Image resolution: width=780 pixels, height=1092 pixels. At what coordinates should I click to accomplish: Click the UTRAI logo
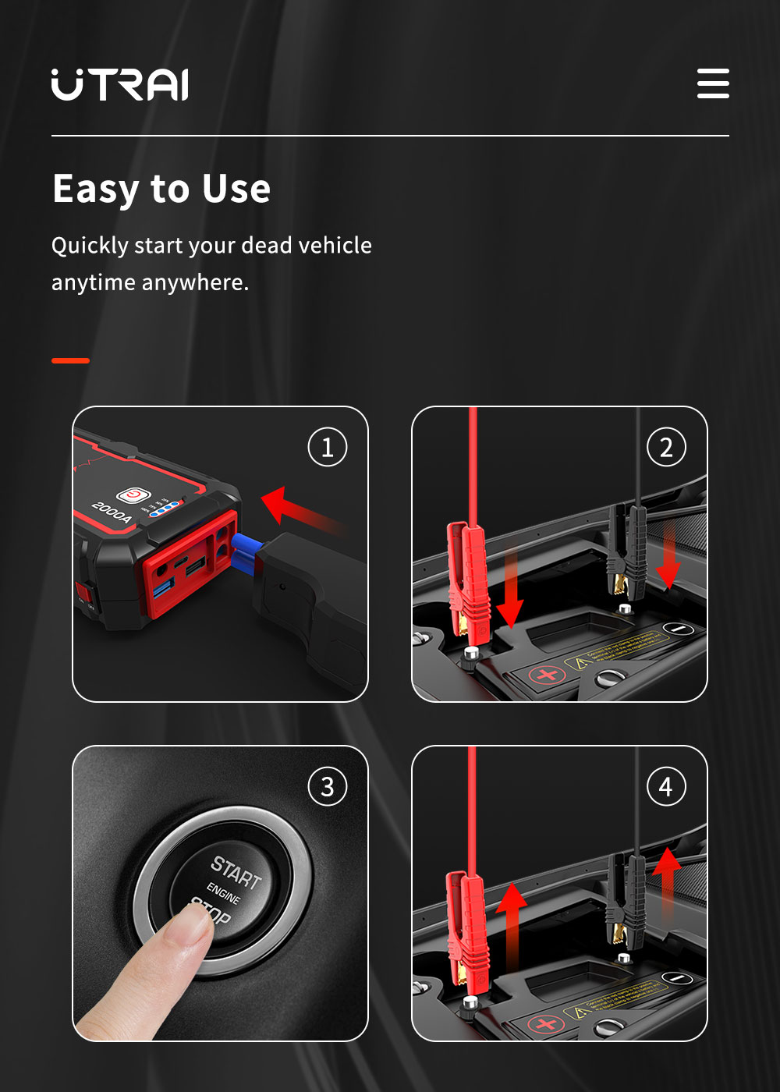click(x=119, y=84)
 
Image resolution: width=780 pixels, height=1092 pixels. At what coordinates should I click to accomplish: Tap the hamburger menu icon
click(x=713, y=83)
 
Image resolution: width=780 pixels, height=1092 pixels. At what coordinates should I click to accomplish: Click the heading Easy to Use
click(x=161, y=189)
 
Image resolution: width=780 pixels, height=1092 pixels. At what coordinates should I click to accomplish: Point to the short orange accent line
click(x=70, y=360)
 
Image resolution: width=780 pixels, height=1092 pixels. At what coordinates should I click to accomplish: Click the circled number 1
click(x=328, y=448)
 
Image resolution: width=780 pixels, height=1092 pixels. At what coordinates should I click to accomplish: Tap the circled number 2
click(x=666, y=448)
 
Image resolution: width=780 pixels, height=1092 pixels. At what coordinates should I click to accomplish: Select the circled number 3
click(x=328, y=787)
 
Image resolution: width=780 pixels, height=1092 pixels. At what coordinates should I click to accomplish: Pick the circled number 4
click(x=666, y=787)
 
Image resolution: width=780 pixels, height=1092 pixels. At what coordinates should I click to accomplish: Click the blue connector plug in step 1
click(x=248, y=551)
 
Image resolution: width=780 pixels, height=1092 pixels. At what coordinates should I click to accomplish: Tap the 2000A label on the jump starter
click(x=112, y=512)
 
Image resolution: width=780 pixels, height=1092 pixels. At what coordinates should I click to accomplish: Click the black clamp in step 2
click(x=629, y=550)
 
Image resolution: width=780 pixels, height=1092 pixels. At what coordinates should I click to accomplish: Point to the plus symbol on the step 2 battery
click(x=548, y=674)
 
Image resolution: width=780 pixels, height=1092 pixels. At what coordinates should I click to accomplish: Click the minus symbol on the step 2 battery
click(x=678, y=629)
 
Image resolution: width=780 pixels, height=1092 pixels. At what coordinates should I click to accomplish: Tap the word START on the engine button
click(x=236, y=872)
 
